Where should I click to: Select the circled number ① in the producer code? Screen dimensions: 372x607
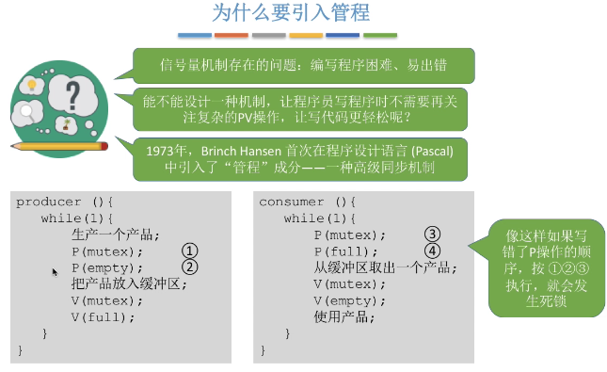[x=190, y=251]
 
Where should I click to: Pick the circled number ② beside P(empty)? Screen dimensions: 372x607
[x=190, y=267]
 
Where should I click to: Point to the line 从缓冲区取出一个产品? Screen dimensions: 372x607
[x=385, y=267]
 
